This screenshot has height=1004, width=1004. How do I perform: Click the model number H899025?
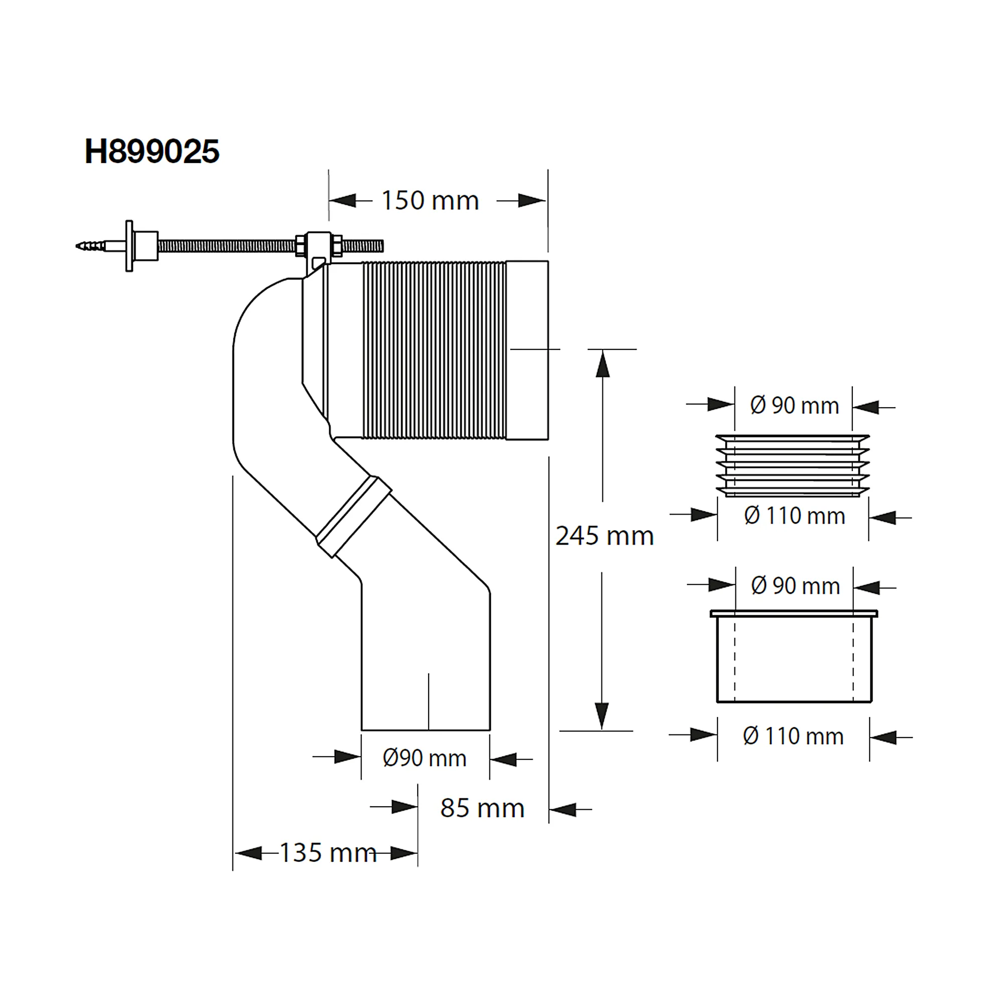coord(152,152)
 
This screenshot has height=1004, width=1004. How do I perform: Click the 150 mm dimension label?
coord(430,201)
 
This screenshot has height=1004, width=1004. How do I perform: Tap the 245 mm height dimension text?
coord(604,536)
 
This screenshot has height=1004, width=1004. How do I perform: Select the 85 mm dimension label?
coord(482,808)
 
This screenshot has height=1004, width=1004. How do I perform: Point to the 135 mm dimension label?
coord(328,853)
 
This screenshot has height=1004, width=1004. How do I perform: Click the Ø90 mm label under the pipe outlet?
coord(425,758)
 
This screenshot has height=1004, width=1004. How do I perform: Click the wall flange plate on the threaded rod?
coord(130,246)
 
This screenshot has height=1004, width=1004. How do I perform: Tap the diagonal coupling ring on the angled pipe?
coord(354,517)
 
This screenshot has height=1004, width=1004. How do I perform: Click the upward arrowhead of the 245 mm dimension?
coord(602,363)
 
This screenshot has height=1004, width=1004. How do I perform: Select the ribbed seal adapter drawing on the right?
coord(793,466)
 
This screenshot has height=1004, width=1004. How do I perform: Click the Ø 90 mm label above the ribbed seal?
coord(794,406)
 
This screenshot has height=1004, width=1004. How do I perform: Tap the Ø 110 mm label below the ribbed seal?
coord(794,516)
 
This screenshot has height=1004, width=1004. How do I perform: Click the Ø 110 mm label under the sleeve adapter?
coord(793,736)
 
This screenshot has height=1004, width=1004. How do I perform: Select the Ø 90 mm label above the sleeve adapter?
coord(795,586)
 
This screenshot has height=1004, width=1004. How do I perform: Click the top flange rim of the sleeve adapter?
coord(794,614)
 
